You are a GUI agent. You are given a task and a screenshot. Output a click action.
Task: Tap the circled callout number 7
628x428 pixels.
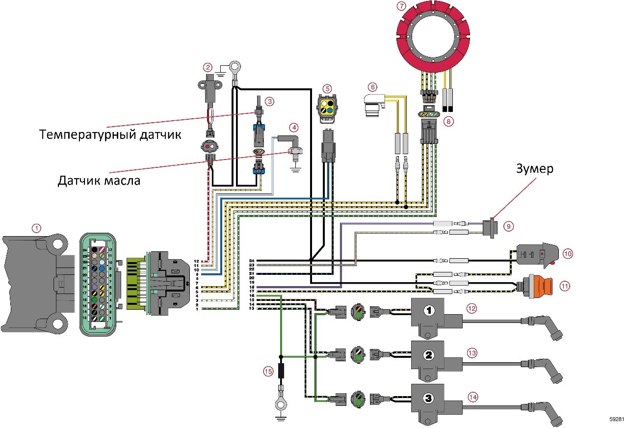click(x=402, y=6)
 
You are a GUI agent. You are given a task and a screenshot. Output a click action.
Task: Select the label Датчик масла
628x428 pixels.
click(x=99, y=180)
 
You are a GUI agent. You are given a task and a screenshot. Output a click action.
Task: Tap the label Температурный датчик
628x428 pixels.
click(x=110, y=134)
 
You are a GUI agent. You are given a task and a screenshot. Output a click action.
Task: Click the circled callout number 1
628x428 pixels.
click(x=36, y=228)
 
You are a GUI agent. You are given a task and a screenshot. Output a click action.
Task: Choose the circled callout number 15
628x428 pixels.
click(x=267, y=372)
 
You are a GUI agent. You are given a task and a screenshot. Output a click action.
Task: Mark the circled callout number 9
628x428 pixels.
click(x=509, y=226)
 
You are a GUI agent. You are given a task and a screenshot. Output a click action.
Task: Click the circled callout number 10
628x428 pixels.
click(x=568, y=254)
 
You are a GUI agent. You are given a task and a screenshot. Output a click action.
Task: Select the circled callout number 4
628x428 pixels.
click(x=293, y=128)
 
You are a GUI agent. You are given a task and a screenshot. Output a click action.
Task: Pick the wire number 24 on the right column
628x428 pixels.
click(x=252, y=261)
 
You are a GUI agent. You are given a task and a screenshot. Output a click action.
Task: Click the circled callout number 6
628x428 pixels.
click(x=373, y=87)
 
